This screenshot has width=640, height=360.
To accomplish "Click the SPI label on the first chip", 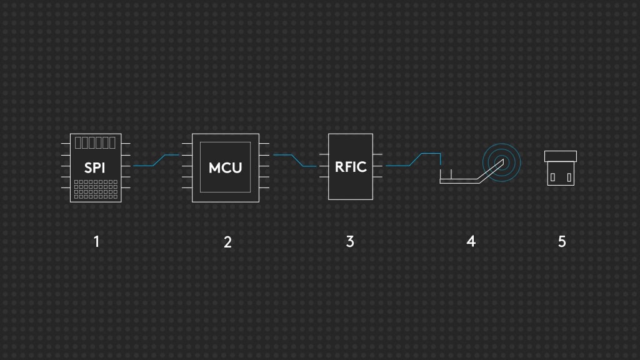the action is click(x=95, y=167).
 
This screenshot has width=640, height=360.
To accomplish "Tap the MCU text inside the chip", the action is click(x=225, y=167).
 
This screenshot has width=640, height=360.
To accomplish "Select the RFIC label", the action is click(x=351, y=167).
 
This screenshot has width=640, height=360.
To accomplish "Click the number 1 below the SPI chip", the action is click(x=97, y=242).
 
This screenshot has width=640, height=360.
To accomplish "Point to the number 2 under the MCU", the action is click(x=227, y=242).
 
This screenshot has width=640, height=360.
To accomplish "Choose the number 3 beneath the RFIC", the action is click(x=350, y=242).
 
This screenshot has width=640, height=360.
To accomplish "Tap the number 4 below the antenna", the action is click(x=471, y=241).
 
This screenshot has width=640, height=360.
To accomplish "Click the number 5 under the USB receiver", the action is click(x=562, y=242).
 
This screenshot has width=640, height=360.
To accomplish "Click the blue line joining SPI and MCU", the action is click(x=159, y=161).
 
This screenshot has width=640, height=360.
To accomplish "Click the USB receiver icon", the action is click(x=561, y=168).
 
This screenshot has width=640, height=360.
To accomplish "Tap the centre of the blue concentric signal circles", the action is click(x=502, y=162).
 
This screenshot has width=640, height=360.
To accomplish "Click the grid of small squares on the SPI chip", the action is click(x=96, y=189).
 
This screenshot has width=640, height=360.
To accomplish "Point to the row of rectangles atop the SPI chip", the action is click(x=95, y=143).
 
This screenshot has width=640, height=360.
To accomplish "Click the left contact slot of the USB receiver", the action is click(x=552, y=177).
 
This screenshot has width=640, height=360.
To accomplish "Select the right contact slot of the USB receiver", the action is click(x=569, y=177).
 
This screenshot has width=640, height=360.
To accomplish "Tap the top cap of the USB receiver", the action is click(x=561, y=156).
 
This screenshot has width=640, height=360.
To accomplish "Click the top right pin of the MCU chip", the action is click(x=264, y=144).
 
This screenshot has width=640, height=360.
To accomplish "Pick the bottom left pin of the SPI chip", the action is click(x=65, y=187).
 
